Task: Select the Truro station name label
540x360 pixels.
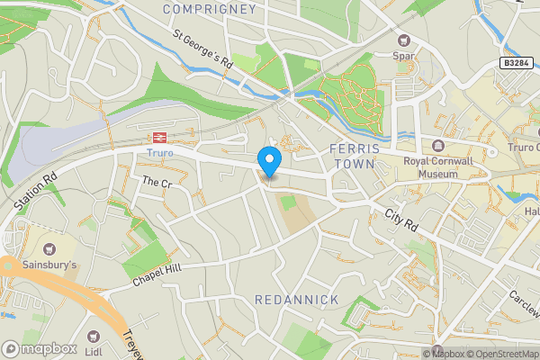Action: [159, 154]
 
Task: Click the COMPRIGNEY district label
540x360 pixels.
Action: [210, 9]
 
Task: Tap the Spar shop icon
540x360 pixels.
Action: [403, 40]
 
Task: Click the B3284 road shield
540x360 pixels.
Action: [515, 64]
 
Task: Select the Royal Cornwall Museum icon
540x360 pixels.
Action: [438, 146]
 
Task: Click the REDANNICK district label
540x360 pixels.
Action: [296, 299]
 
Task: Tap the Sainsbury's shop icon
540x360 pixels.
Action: [48, 247]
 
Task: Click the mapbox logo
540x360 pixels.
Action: [39, 348]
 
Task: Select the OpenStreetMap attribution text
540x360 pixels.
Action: [500, 354]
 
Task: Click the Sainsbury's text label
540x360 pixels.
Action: [49, 265]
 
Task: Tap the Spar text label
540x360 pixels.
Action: [403, 57]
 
